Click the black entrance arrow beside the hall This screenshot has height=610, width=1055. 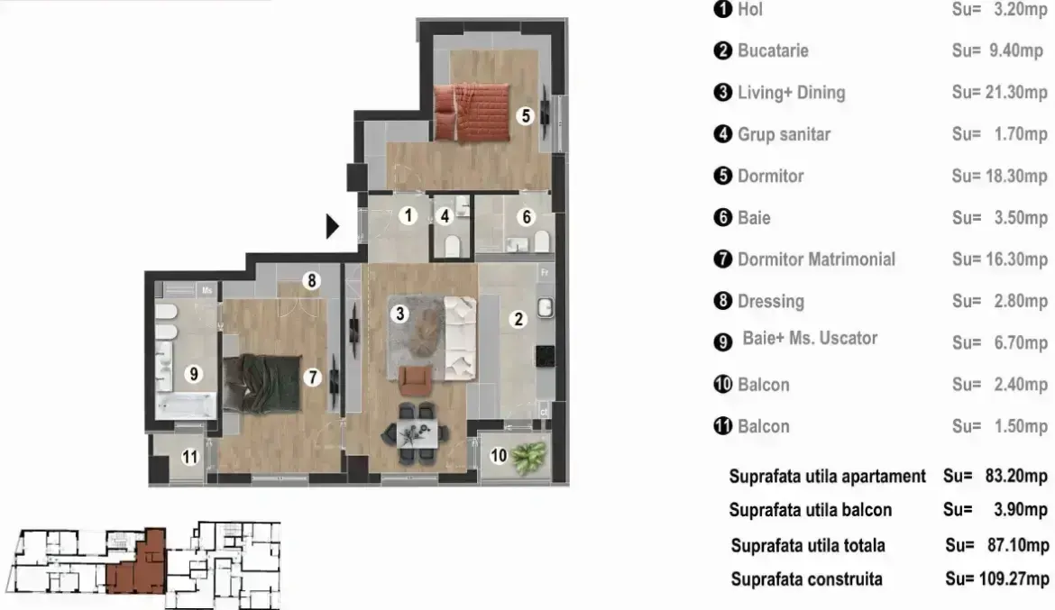[332, 226]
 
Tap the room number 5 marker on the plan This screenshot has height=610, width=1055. [527, 115]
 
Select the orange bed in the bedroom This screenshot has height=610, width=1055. [471, 112]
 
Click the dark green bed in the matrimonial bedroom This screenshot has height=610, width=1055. [261, 383]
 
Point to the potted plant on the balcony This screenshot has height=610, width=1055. [528, 457]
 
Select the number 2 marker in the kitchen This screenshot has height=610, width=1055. [518, 319]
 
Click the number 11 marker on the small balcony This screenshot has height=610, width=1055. [190, 458]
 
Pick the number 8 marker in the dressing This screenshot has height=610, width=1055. [311, 280]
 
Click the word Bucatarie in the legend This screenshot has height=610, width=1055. [773, 50]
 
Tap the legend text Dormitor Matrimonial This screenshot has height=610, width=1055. [816, 259]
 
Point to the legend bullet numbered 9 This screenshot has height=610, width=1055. [722, 342]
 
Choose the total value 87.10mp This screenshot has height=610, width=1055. [1018, 545]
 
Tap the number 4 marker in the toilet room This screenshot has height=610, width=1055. [444, 216]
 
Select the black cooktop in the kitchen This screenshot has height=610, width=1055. [546, 356]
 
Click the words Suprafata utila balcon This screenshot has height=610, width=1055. [810, 510]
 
